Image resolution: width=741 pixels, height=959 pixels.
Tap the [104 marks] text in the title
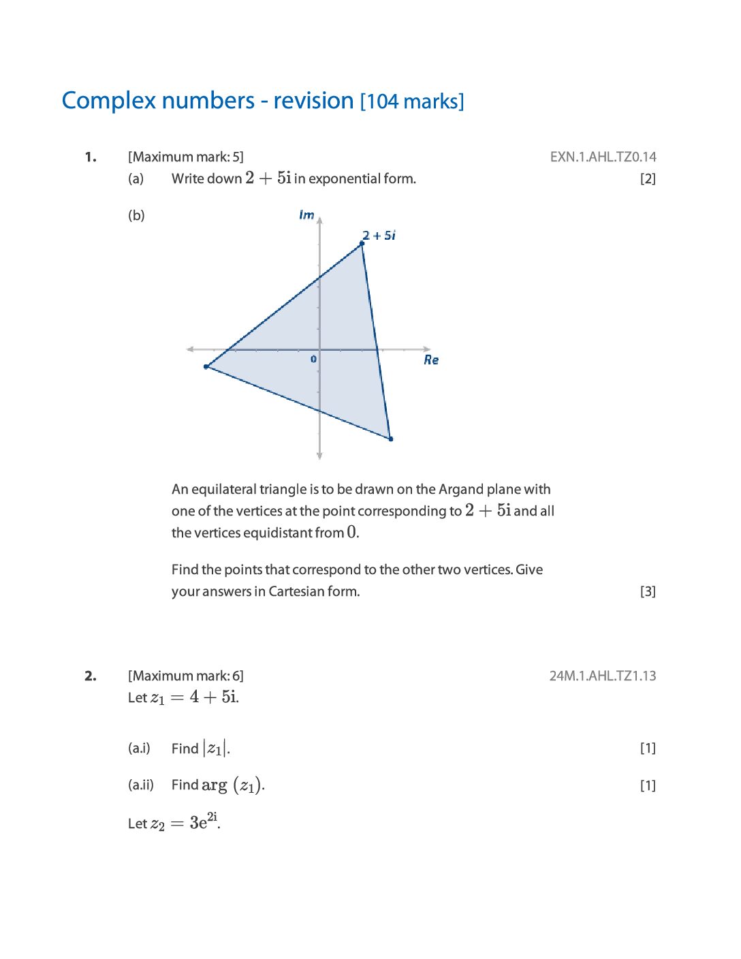coord(412,101)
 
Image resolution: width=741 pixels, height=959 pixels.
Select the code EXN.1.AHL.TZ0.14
coord(603,157)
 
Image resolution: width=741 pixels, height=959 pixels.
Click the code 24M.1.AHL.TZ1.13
coord(603,676)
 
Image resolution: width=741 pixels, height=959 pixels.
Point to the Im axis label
coord(306,215)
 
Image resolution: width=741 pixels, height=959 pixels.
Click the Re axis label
coord(431,360)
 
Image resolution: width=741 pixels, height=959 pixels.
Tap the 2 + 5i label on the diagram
coord(379,236)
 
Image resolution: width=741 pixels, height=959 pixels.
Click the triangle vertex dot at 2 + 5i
coord(362,243)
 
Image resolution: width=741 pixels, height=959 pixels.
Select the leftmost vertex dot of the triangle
coord(206,366)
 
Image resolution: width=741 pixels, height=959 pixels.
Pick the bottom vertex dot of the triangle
coord(390,439)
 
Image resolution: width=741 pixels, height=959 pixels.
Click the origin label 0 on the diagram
coord(313,359)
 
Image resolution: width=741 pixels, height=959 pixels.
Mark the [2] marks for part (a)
coord(648,179)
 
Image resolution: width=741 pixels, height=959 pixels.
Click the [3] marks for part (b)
coord(648,592)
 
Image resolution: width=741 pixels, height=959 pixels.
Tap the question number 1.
coord(91,157)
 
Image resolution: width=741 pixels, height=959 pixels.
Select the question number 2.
coord(91,676)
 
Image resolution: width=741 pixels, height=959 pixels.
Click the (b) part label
coord(136,216)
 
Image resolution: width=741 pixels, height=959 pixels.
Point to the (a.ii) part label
coord(140,785)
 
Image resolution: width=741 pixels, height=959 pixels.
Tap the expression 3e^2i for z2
coord(204,821)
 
